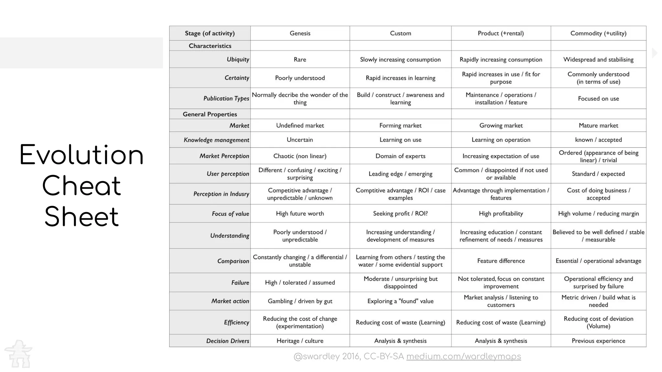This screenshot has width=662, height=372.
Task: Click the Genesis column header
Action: [300, 33]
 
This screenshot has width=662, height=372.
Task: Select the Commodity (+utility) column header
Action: [598, 33]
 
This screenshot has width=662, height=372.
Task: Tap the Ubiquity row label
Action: [238, 59]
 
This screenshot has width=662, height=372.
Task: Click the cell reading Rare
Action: [300, 59]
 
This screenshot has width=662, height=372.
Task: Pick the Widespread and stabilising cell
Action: [598, 59]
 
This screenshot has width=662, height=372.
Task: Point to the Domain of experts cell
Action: [400, 156]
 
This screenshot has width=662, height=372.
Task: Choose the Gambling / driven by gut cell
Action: [300, 301]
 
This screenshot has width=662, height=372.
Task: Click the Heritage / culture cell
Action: [300, 341]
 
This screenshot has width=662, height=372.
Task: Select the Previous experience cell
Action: [598, 341]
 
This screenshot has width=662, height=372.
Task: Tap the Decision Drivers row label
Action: [228, 341]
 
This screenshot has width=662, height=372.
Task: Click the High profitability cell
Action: [501, 213]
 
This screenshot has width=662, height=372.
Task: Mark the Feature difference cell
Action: [501, 261]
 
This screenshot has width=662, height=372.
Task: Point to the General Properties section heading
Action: [210, 114]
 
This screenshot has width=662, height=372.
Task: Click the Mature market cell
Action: [598, 125]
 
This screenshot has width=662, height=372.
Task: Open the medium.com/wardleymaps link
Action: [463, 356]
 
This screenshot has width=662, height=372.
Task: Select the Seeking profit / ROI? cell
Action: [400, 213]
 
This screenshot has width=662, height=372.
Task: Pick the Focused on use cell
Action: [598, 98]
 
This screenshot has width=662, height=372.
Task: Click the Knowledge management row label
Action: [216, 140]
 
